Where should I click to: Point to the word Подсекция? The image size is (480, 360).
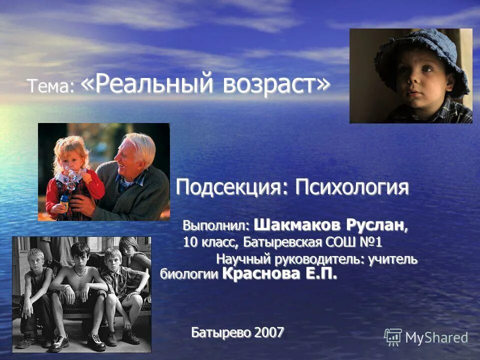click(x=232, y=188)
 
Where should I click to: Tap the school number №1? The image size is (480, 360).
click(x=369, y=243)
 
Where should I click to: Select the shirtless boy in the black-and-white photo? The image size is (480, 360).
click(x=79, y=285)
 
